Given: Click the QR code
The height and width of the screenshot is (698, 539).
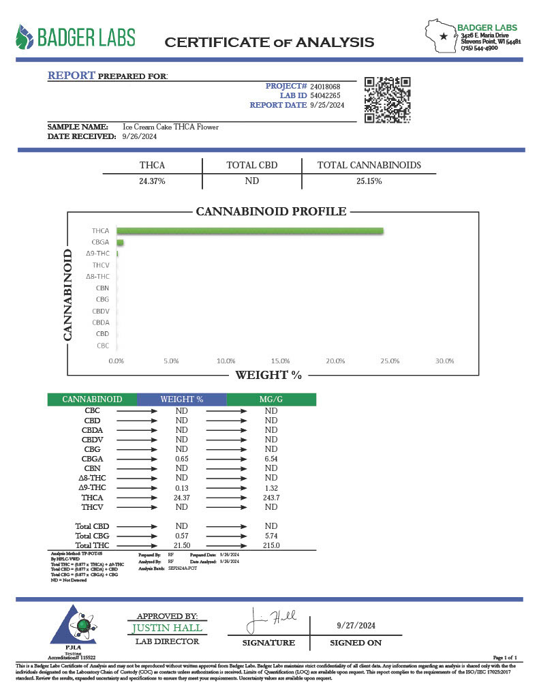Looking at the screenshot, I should (x=386, y=100).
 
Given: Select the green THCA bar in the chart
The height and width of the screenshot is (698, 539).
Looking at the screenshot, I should (x=250, y=231).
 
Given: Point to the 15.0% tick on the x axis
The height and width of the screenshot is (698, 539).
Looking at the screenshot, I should (x=280, y=361).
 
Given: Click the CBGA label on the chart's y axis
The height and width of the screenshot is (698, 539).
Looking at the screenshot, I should (x=101, y=242).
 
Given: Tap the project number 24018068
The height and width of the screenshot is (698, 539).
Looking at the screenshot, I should (x=325, y=87).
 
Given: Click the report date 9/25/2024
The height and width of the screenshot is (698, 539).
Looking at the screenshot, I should (x=327, y=105).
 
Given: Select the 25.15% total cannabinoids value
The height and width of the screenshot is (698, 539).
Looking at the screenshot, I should (x=369, y=181).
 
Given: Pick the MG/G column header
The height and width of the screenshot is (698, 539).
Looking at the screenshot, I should (x=271, y=399).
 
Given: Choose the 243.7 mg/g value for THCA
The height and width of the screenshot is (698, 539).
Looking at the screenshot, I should (x=271, y=498).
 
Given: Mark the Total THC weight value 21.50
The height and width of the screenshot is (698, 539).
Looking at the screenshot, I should (x=181, y=546).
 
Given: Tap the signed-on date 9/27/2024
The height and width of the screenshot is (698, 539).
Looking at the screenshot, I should (x=356, y=625).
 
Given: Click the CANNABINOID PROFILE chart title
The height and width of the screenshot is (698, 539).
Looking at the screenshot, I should (x=271, y=211).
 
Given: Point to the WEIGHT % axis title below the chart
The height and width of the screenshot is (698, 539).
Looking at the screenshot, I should (x=268, y=375).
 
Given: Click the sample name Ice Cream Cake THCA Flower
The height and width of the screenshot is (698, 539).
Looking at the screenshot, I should (x=170, y=127).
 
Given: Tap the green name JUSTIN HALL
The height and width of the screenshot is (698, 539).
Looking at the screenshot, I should (x=167, y=628).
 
